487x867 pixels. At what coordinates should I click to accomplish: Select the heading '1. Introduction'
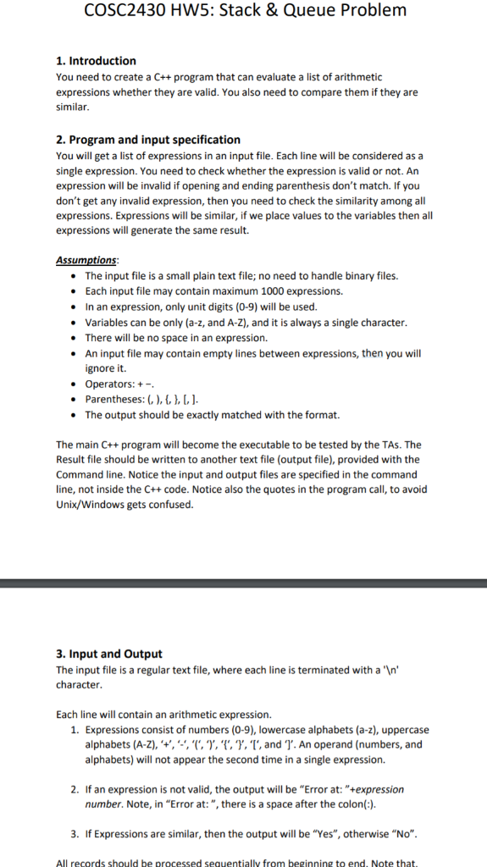[96, 61]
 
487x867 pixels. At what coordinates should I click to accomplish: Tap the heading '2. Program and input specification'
[148, 140]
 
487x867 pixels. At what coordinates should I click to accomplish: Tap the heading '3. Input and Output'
[109, 654]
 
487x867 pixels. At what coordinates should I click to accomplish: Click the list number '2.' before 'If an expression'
[75, 789]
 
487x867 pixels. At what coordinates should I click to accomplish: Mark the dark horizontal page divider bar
[243, 583]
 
